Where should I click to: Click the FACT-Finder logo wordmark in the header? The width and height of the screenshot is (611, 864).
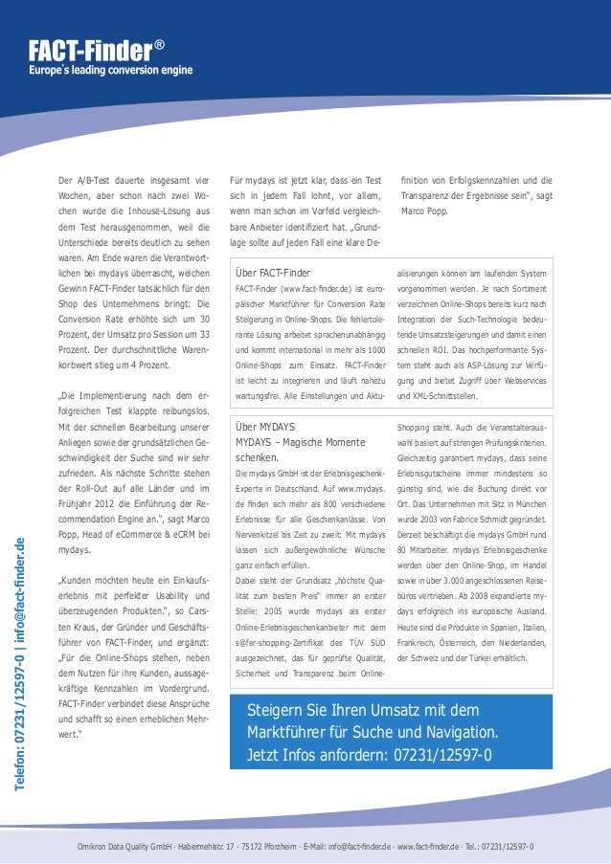(89, 50)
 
